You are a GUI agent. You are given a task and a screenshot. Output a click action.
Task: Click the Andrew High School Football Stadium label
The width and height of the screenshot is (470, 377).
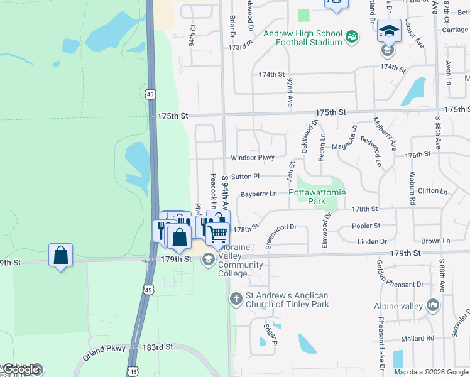[303, 38]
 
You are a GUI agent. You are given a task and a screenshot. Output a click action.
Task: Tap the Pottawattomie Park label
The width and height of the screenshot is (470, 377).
[317, 197]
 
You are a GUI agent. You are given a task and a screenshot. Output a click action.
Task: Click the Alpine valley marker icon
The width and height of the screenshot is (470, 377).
[432, 306]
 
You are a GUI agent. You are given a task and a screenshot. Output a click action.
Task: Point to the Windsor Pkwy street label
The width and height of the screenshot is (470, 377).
[253, 158]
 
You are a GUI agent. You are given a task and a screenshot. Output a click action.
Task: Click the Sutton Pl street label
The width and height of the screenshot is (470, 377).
[244, 177]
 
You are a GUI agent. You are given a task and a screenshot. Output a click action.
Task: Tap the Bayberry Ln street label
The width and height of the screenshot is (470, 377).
[258, 194]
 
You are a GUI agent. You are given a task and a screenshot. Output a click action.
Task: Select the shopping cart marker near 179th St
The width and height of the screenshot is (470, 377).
[217, 234]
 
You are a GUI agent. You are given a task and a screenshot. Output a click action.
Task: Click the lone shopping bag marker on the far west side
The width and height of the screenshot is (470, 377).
[60, 255]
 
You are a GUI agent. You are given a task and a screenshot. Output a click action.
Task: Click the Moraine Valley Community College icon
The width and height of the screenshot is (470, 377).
[209, 260]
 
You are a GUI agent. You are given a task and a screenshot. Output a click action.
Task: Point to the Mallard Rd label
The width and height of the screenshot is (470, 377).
[421, 338]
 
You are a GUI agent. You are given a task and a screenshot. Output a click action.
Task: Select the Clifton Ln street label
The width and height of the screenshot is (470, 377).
[432, 191]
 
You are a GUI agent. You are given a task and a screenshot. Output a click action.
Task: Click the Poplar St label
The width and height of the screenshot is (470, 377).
[368, 226]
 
